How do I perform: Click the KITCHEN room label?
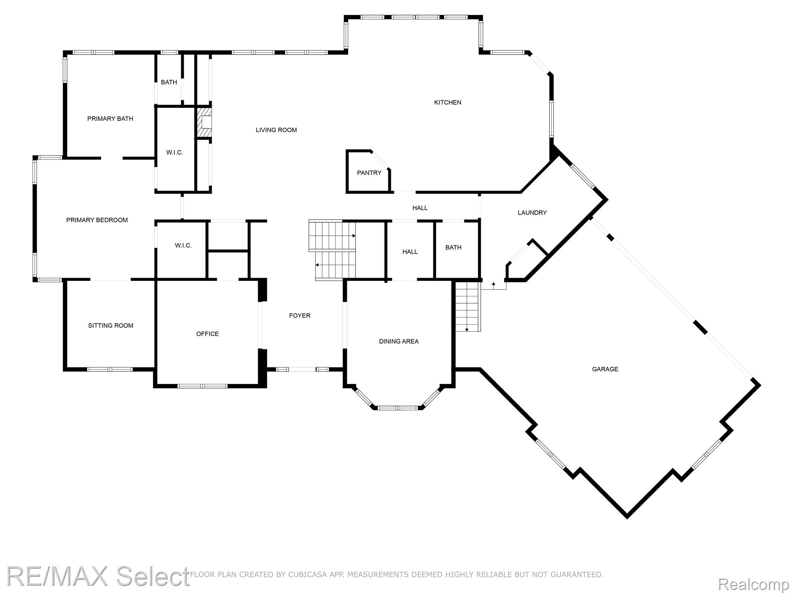pos(447,102)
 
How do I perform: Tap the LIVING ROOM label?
pos(276,130)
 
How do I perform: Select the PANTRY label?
pos(369,173)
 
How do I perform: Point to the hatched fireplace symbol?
pos(204,122)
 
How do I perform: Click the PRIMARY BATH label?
pos(110,119)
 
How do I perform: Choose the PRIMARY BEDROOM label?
pos(97,220)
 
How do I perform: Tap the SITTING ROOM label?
pos(110,325)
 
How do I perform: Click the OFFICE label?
pos(207,334)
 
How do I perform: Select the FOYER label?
pos(300,316)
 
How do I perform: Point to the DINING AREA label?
pos(399,341)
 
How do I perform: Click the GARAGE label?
pos(605,369)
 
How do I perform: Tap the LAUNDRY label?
pos(532,213)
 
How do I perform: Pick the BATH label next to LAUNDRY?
pos(453,248)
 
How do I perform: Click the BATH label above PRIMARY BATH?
pos(169,82)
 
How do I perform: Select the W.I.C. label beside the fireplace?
pos(174,153)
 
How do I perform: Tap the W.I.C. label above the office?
pos(183,246)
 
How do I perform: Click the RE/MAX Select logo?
pos(98,576)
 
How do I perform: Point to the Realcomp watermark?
pos(754,584)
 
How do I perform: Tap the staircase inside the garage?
pos(468,306)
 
